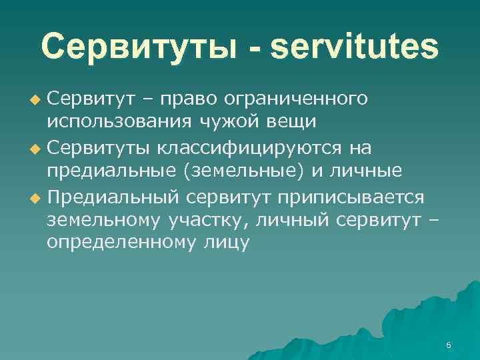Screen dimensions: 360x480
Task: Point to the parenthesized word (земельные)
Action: (247, 171)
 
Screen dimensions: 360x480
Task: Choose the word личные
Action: (369, 171)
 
